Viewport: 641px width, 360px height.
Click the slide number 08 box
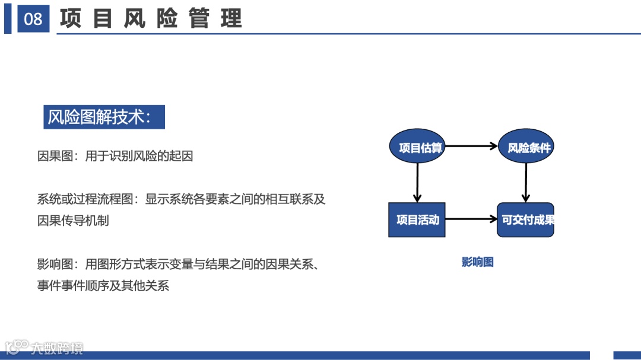pyautogui.click(x=33, y=19)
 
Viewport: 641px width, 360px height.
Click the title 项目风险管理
pyautogui.click(x=151, y=19)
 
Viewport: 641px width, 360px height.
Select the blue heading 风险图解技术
pyautogui.click(x=104, y=117)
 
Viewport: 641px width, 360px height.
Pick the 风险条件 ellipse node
pyautogui.click(x=526, y=147)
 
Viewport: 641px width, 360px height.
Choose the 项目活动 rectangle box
pyautogui.click(x=417, y=220)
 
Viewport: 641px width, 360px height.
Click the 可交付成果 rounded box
pyautogui.click(x=525, y=220)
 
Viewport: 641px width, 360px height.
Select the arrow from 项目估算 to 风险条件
pyautogui.click(x=471, y=146)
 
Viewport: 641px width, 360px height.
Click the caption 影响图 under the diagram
pyautogui.click(x=477, y=262)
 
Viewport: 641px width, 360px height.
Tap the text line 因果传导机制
pyautogui.click(x=73, y=221)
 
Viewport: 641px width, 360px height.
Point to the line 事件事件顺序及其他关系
pyautogui.click(x=103, y=286)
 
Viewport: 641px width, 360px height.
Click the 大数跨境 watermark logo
pyautogui.click(x=45, y=348)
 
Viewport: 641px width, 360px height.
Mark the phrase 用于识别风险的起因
pyautogui.click(x=139, y=157)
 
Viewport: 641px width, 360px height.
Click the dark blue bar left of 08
pyautogui.click(x=8, y=19)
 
